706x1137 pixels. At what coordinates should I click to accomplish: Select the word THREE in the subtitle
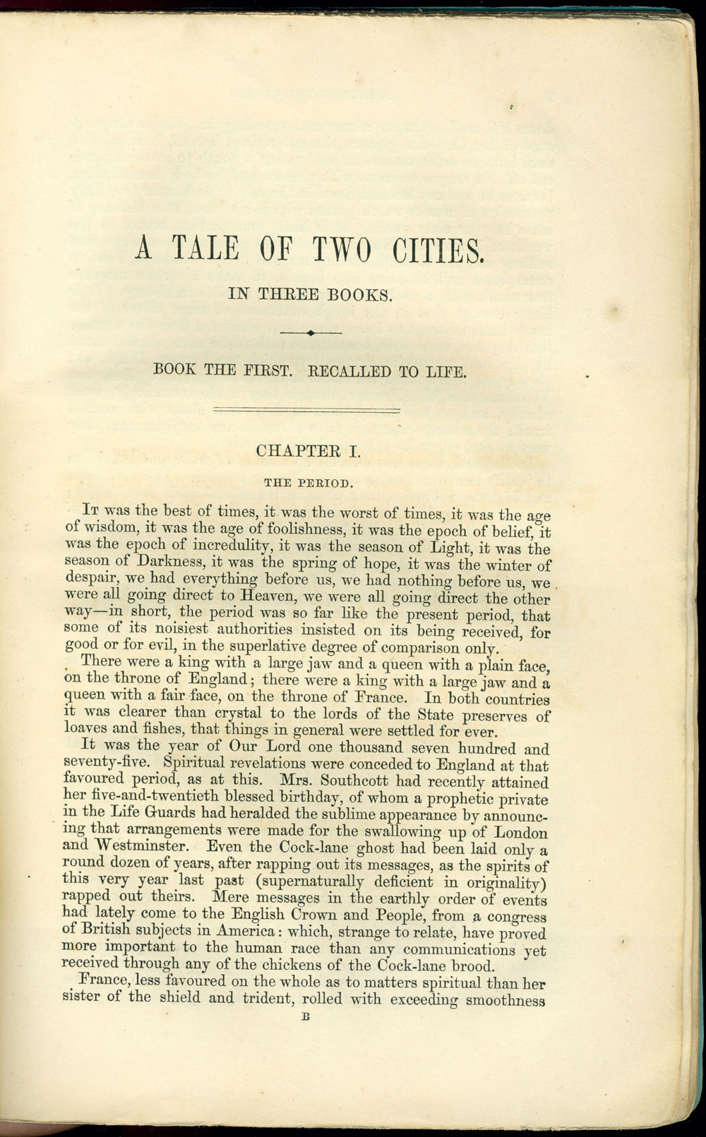pyautogui.click(x=287, y=295)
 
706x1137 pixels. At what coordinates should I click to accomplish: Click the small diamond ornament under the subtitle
pyautogui.click(x=311, y=332)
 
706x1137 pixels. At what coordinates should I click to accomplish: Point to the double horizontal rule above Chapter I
pyautogui.click(x=306, y=409)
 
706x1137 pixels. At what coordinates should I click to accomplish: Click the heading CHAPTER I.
pyautogui.click(x=308, y=451)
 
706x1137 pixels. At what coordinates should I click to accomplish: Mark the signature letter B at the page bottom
pyautogui.click(x=306, y=1017)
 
